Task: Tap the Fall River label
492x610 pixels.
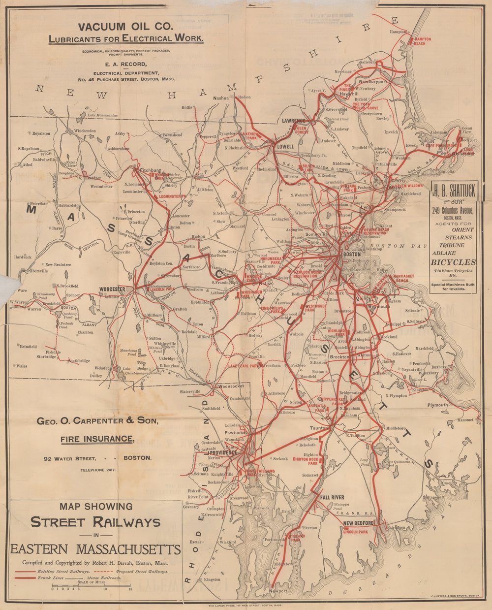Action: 332,497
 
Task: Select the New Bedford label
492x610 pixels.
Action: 359,523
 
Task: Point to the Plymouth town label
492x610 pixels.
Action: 437,405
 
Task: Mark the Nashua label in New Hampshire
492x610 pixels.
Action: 221,98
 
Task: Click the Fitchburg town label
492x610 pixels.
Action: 151,170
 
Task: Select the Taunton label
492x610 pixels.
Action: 319,429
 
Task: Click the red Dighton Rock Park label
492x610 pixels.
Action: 306,461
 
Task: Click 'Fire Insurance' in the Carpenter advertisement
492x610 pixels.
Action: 97,439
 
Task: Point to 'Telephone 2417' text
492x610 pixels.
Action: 98,471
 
